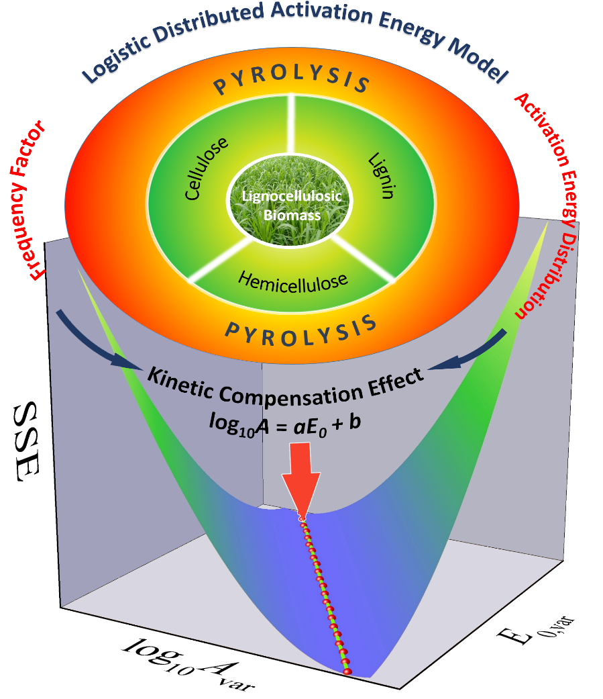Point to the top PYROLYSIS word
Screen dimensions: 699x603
292,83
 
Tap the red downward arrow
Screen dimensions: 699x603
300,486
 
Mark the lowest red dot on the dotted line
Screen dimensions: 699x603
347,670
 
